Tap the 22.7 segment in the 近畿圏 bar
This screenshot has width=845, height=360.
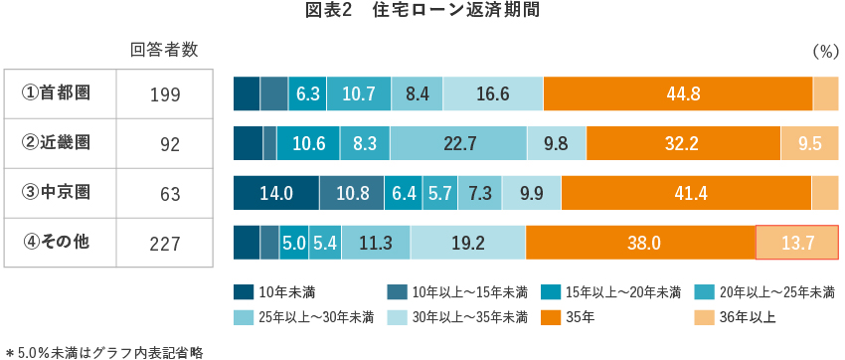[x=458, y=143]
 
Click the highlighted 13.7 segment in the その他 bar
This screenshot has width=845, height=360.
[x=797, y=242]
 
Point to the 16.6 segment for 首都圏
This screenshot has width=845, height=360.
[x=493, y=93]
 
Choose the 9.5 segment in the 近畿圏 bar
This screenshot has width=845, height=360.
[x=809, y=143]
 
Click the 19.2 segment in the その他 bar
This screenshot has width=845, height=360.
[x=467, y=242]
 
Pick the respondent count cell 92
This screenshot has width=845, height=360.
[x=169, y=144]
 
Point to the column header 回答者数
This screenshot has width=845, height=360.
[x=164, y=50]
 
